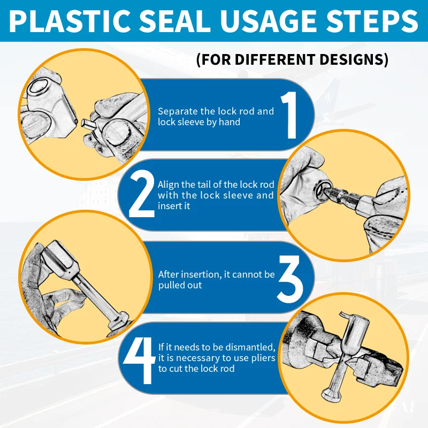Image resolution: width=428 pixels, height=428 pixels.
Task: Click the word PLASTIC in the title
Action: pos(70,21)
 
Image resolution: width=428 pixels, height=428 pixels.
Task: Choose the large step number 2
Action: pos(141,194)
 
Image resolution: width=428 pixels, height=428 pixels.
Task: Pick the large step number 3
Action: pos(290,279)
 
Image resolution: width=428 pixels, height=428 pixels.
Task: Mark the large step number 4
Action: pos(139,360)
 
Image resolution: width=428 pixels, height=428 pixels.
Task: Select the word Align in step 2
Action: pos(169,185)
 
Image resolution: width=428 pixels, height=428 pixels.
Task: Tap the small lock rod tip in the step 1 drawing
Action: pos(88,124)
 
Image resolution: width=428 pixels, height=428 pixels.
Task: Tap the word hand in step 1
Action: pos(230,122)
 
